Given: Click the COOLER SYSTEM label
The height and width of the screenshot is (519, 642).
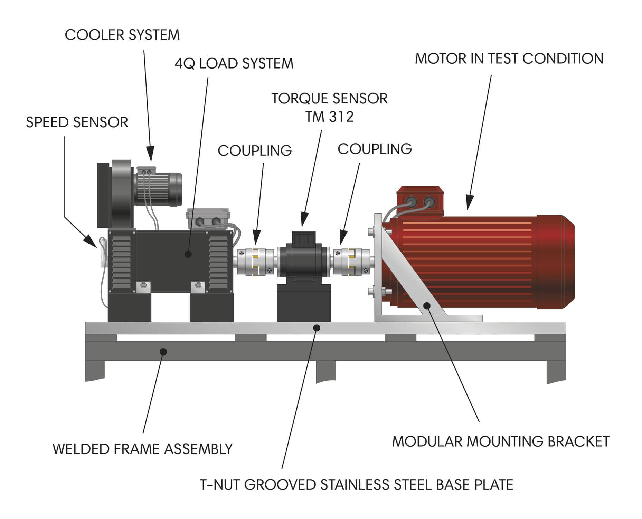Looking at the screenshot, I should (122, 35).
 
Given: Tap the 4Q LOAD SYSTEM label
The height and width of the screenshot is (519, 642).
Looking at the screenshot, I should (234, 63).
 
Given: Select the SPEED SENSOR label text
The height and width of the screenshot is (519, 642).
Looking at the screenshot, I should (77, 122).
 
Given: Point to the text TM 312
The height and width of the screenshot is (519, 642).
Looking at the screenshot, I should (329, 117).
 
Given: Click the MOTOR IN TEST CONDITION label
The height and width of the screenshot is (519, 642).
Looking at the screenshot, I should (509, 58).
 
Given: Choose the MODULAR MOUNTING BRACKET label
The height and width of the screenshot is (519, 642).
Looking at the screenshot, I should (501, 441).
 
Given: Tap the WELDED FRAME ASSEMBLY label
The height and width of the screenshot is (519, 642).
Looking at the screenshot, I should (142, 449).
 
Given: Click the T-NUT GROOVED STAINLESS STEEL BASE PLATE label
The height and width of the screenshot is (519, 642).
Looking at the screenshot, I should (357, 484).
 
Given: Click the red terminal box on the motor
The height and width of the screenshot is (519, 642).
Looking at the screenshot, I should (419, 202).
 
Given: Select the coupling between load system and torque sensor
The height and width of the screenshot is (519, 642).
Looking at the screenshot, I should (256, 262).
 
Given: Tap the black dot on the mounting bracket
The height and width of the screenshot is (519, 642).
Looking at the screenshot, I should (427, 306).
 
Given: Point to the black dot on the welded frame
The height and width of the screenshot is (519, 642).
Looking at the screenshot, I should (163, 352).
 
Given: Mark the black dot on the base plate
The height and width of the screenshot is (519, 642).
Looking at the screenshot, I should (317, 328).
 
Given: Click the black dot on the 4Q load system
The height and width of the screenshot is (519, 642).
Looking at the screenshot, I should (188, 254).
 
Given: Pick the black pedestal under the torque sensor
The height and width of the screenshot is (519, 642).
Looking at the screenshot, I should (304, 303).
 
